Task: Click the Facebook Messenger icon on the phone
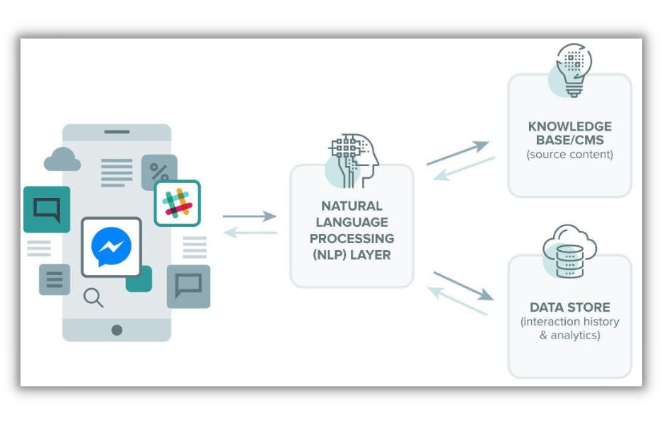point(111,247)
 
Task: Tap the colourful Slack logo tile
point(177,203)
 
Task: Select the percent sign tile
point(159,172)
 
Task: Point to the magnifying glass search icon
point(93,298)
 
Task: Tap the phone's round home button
point(117,330)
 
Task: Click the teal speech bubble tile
point(47,209)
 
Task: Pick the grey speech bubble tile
point(188,286)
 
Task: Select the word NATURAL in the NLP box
point(352,206)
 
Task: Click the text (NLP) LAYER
point(352,255)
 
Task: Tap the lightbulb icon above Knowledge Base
point(570,70)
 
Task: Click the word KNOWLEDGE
point(570,127)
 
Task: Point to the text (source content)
point(570,154)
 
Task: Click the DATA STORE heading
point(570,307)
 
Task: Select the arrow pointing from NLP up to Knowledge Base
point(458,153)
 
